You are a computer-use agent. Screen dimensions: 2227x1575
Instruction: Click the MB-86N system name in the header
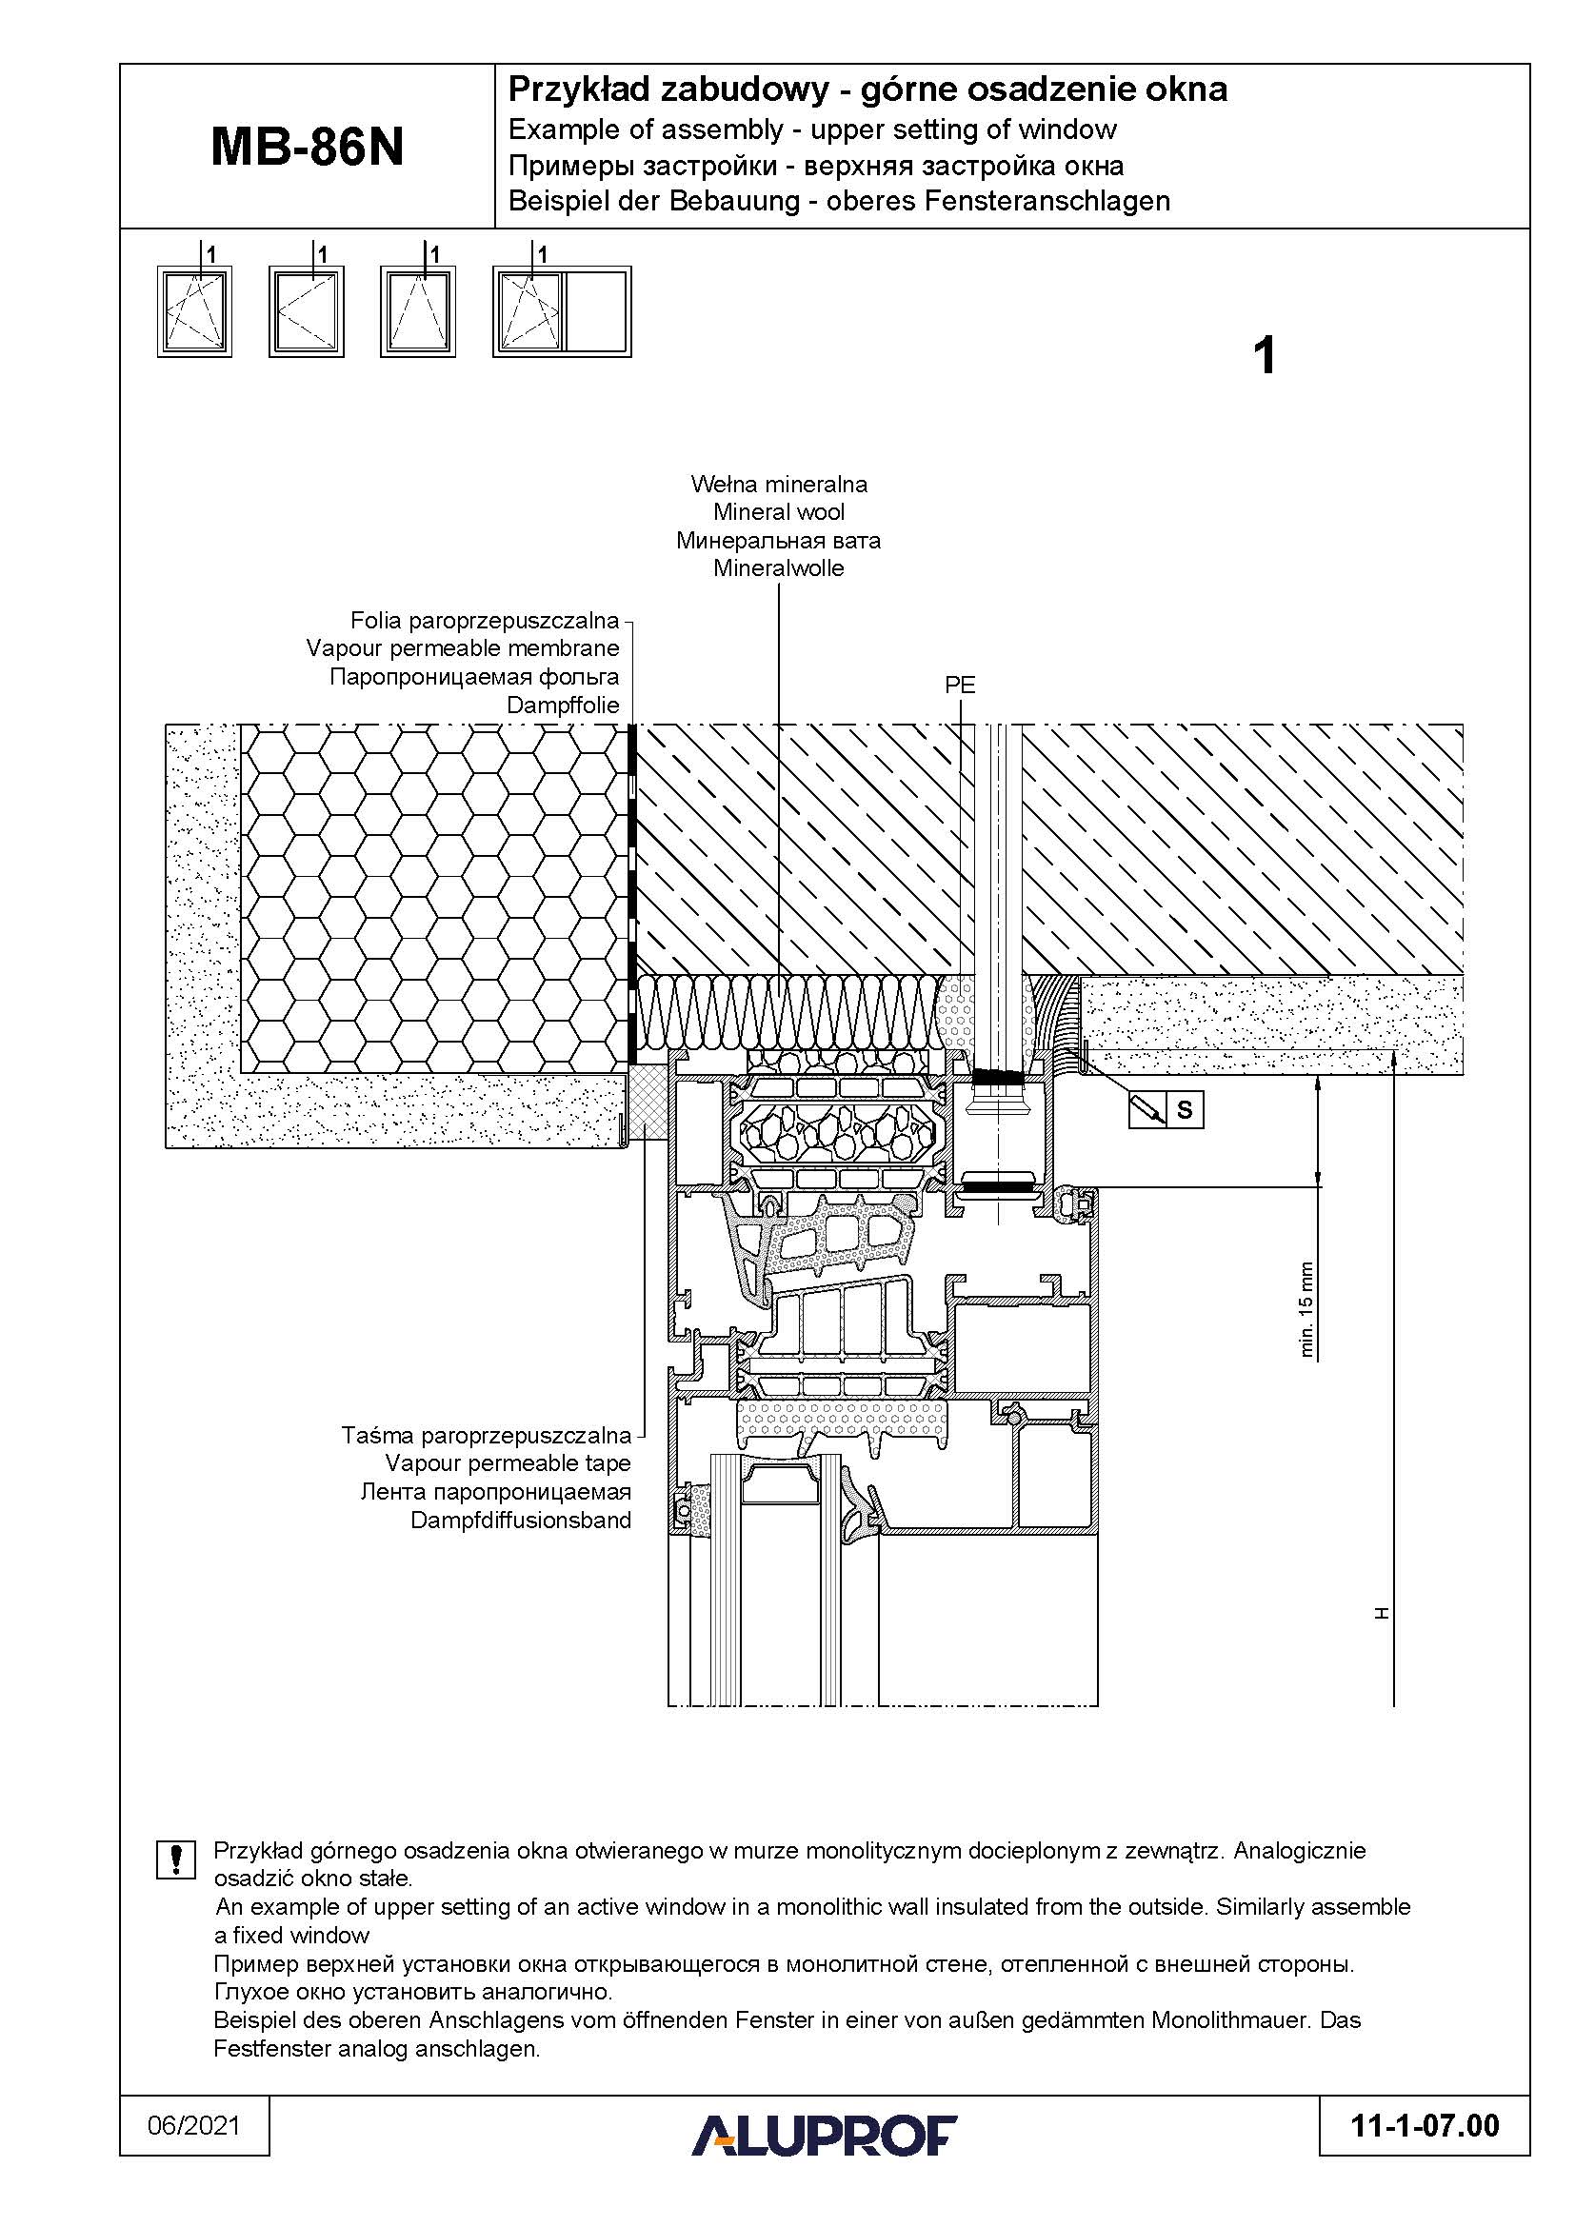(307, 149)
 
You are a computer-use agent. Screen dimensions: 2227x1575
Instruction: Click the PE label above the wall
(959, 685)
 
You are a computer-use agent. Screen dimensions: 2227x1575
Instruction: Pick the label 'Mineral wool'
(779, 512)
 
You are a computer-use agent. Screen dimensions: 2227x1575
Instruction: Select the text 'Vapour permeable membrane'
(463, 648)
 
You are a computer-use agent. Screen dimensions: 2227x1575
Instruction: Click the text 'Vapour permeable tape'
(508, 1462)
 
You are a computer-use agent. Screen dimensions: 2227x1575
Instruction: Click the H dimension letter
(1382, 1613)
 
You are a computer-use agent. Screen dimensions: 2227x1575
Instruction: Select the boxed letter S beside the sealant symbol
(1185, 1109)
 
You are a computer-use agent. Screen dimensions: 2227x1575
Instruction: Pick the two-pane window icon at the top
(562, 312)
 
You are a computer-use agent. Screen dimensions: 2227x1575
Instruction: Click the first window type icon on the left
(195, 312)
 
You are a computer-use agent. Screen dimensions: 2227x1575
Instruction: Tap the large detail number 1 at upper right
(1264, 356)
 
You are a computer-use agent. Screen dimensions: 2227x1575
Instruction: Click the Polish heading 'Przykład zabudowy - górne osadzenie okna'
(867, 90)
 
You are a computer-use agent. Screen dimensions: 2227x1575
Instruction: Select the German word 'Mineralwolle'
(779, 568)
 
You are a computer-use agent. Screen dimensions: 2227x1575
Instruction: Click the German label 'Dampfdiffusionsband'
(520, 1520)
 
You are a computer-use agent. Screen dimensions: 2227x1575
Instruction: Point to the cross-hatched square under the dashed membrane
(647, 1103)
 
